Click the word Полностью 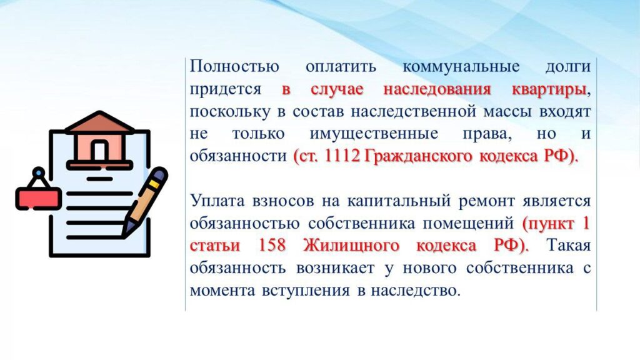(234, 66)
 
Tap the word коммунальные (461, 66)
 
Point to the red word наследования (437, 89)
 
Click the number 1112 (342, 156)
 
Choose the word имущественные (374, 134)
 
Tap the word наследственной (413, 111)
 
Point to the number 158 (272, 245)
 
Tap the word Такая (569, 245)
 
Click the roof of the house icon (99, 122)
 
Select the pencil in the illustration (145, 202)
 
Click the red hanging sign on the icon (38, 199)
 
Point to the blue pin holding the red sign (38, 172)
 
